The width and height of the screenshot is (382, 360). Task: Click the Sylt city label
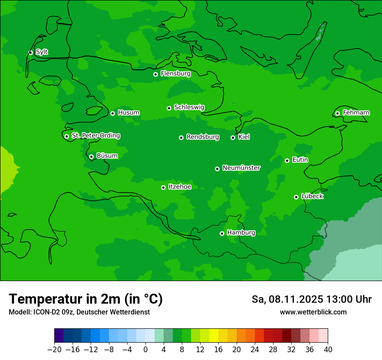tap(42, 52)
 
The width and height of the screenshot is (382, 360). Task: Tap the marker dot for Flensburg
tap(155, 74)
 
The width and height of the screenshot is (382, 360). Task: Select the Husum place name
tap(128, 113)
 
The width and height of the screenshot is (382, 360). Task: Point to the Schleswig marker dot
tap(169, 108)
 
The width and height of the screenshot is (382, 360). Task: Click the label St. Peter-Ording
tap(95, 136)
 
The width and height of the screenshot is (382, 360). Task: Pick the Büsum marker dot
tap(91, 157)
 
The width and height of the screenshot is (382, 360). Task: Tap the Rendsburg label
tap(202, 137)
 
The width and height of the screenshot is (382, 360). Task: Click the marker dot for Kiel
tap(233, 137)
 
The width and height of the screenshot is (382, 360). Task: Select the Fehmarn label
tap(356, 113)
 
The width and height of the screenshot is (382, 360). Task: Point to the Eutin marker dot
tap(287, 160)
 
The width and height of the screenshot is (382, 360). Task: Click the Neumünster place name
tap(241, 168)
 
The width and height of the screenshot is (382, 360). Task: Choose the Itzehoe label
tap(180, 187)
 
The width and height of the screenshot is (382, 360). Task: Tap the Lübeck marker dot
tap(296, 197)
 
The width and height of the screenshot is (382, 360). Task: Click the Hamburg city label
tap(241, 232)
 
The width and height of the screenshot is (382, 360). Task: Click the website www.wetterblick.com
tap(313, 312)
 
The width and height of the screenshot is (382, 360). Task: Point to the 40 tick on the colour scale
tap(328, 350)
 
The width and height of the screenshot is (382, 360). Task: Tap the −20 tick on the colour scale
tap(54, 350)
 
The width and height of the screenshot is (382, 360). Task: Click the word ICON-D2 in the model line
tap(44, 312)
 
